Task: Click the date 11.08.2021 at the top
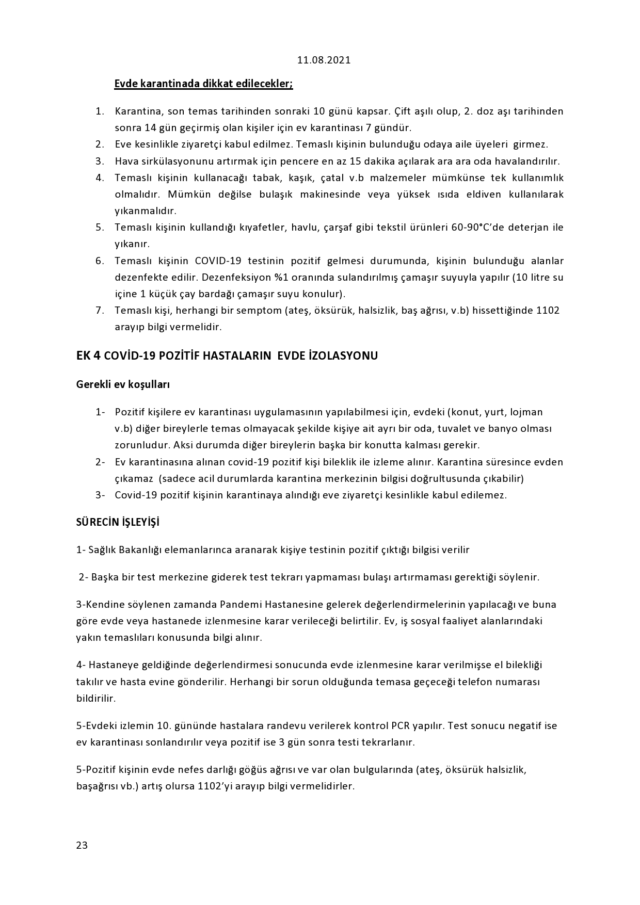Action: tap(324, 60)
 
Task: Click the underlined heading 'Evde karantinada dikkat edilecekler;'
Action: tap(203, 84)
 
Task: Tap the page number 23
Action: tap(82, 845)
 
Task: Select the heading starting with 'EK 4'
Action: tap(227, 355)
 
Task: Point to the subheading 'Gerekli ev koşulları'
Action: tap(123, 384)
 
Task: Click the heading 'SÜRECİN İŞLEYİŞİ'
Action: tap(118, 522)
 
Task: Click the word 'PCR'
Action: tap(420, 726)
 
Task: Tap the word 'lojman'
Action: tap(526, 412)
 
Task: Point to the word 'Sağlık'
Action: tap(102, 550)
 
